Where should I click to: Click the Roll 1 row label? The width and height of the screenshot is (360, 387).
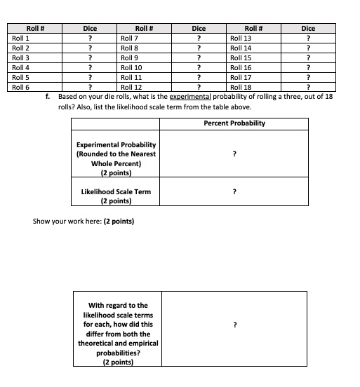tap(20, 38)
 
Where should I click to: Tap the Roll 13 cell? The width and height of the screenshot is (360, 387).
tap(241, 38)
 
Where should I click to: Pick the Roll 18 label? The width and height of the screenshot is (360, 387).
tap(241, 87)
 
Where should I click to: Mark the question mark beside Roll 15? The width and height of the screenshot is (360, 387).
tap(309, 57)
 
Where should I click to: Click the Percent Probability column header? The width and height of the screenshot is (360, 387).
tap(234, 123)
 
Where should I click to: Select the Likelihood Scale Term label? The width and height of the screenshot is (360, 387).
tap(116, 191)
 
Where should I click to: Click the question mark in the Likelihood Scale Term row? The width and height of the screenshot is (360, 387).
tap(234, 191)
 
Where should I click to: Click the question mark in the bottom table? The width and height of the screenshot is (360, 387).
tap(234, 325)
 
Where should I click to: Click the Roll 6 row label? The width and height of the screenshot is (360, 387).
tap(20, 87)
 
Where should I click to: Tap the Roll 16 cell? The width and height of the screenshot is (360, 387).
tap(241, 67)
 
